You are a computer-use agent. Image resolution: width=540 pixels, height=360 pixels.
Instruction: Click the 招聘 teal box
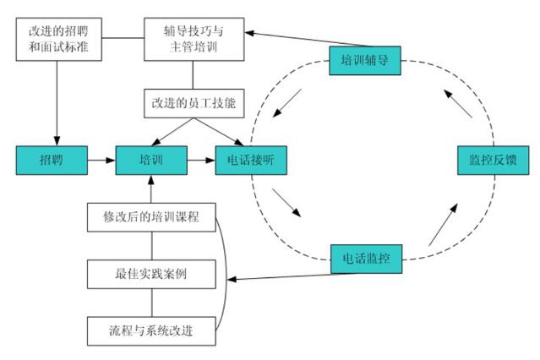[x=52, y=159]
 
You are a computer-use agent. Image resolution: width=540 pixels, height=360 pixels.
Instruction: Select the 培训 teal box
[x=150, y=159]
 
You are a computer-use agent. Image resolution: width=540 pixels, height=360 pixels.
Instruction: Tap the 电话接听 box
[x=250, y=159]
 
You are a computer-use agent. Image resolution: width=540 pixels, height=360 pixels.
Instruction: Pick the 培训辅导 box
[x=364, y=61]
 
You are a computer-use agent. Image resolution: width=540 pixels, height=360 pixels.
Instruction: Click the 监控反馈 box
[x=492, y=159]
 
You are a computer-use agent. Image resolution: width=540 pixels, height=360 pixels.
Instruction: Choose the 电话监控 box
[x=364, y=255]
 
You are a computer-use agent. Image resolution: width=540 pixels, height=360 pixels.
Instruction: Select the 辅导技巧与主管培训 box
[x=194, y=39]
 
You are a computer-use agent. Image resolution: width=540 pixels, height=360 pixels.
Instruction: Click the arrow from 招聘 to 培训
[x=101, y=159]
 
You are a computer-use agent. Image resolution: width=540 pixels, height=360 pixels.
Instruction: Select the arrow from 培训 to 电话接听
[x=200, y=159]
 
